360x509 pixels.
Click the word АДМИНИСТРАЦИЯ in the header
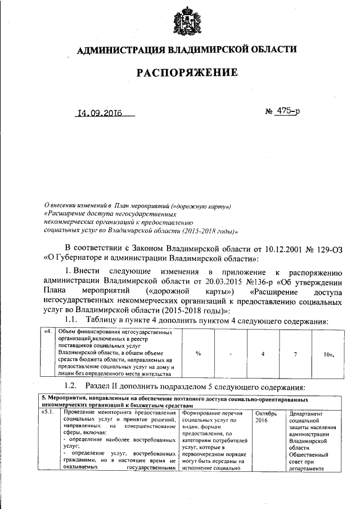pos(117,51)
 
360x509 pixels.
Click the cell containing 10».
pos(329,354)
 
